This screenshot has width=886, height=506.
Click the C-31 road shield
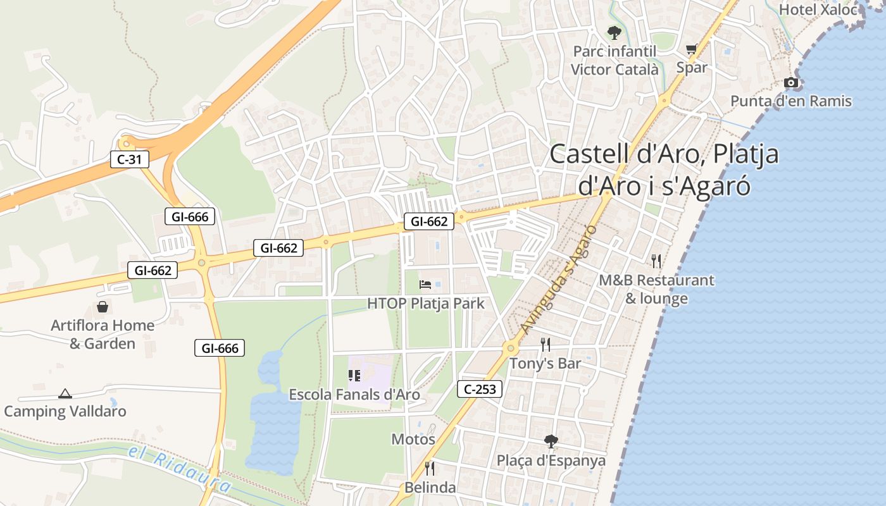tap(130, 159)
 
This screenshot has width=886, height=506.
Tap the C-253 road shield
tap(480, 389)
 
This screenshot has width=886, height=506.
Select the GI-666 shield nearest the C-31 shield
tap(190, 216)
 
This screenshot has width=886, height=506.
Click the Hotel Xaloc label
tap(818, 9)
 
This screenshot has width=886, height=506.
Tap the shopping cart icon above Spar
tap(691, 49)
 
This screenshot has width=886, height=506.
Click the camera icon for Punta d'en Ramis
tap(790, 82)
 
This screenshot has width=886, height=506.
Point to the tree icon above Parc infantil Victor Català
tap(614, 32)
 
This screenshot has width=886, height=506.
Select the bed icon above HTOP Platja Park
tap(426, 285)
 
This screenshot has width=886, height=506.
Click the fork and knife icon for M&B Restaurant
tap(656, 260)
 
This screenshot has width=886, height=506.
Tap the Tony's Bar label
tap(545, 364)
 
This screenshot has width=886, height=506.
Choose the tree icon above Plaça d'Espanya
tap(551, 441)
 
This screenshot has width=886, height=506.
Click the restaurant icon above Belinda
tap(430, 468)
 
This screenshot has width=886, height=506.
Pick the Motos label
tap(413, 439)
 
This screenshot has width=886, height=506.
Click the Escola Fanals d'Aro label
tap(354, 395)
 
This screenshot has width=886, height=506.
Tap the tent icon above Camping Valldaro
tap(65, 393)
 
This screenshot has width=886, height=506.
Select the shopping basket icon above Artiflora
tap(103, 307)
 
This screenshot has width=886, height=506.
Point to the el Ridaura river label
tap(179, 469)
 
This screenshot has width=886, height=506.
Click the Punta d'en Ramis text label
tap(791, 101)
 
